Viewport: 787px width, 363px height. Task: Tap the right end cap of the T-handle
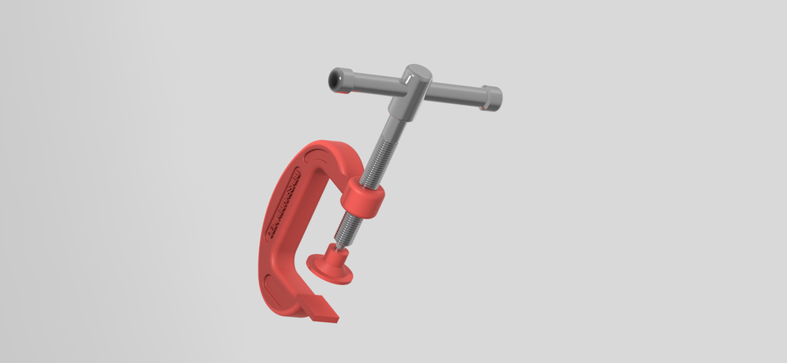point(492,97)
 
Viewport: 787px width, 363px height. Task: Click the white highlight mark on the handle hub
point(407,79)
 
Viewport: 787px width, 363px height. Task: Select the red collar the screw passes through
point(363,199)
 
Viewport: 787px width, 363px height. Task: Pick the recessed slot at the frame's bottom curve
point(271,288)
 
